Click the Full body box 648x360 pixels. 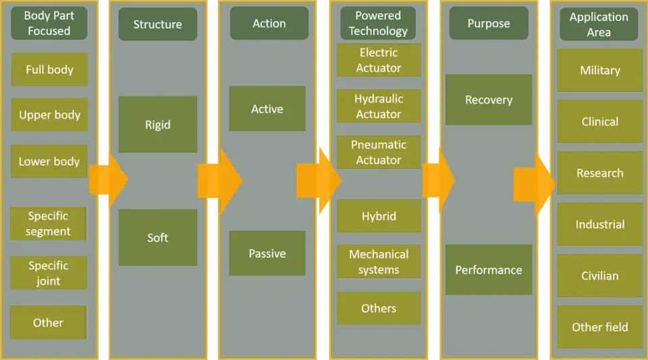(49, 70)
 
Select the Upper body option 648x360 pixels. (49, 115)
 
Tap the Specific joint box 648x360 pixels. (49, 273)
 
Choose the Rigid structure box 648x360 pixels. (157, 124)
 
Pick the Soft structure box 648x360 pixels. (157, 237)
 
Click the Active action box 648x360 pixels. (267, 109)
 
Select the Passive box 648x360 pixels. (267, 253)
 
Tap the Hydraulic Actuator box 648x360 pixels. (379, 106)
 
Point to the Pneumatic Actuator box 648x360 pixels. (379, 152)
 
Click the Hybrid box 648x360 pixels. (379, 216)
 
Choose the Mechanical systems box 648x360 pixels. (379, 261)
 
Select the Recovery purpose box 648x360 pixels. (489, 100)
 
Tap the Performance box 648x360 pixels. (489, 269)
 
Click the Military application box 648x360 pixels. (599, 70)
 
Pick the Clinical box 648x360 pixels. (599, 122)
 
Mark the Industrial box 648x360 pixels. (599, 224)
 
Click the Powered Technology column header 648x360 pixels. (378, 24)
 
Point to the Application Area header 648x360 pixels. (599, 24)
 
